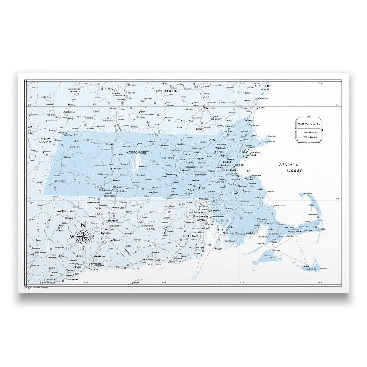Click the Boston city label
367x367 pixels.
(x=239, y=165)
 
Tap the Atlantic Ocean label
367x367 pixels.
(x=291, y=167)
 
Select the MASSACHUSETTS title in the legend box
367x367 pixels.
(x=307, y=124)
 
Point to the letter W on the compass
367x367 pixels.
(x=72, y=237)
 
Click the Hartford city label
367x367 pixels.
(x=113, y=221)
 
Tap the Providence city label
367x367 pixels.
(x=200, y=216)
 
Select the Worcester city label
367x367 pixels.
(x=171, y=174)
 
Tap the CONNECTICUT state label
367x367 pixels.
(x=66, y=211)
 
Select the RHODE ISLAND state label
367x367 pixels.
(x=190, y=236)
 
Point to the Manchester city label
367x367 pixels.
(x=210, y=108)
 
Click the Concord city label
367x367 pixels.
(x=204, y=87)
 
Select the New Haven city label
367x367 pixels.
(x=94, y=264)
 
